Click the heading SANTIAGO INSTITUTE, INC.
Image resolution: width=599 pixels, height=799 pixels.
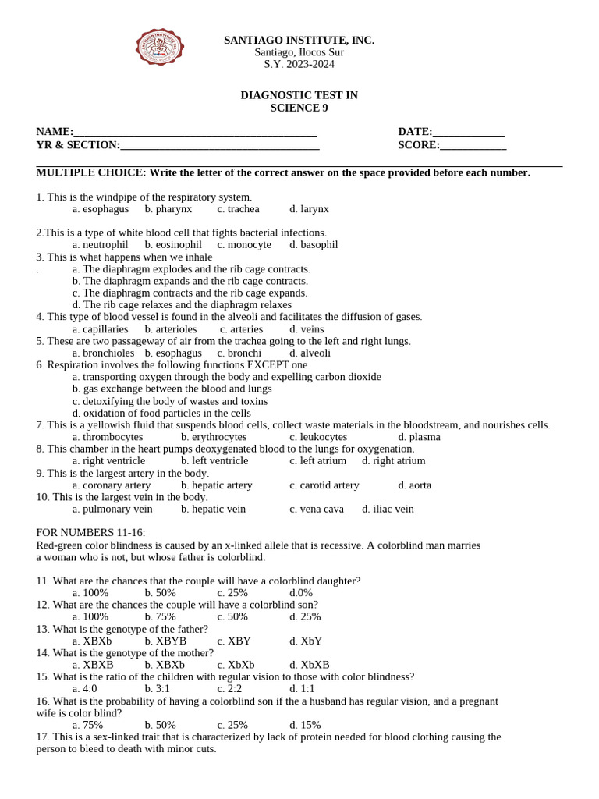(299, 40)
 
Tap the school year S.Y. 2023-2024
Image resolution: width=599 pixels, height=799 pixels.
(299, 64)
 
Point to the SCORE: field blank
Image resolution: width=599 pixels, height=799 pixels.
(473, 146)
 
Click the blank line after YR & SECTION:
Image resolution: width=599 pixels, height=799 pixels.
(220, 146)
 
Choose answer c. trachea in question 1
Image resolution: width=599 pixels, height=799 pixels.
(238, 209)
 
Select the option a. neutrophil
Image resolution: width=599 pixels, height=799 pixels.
(100, 245)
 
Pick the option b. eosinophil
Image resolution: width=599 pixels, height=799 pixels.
(172, 245)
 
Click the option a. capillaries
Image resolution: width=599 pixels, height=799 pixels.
(100, 329)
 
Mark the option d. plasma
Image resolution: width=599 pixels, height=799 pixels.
(419, 437)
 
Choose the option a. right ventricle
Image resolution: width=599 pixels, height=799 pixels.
(108, 461)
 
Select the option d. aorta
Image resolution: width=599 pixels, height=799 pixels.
(414, 485)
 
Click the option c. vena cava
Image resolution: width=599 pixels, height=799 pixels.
(316, 510)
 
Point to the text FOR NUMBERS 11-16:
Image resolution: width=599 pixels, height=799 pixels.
(90, 533)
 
